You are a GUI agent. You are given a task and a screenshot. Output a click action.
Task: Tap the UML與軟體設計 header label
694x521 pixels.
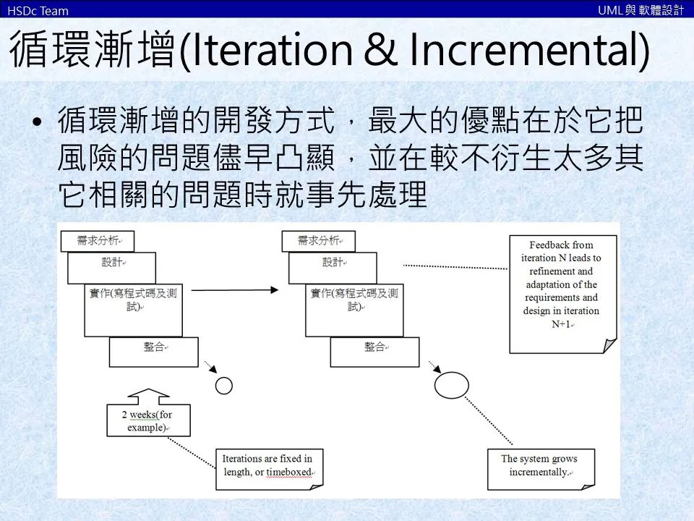click(x=641, y=10)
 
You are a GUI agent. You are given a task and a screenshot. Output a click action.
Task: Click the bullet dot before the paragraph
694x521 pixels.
click(x=38, y=122)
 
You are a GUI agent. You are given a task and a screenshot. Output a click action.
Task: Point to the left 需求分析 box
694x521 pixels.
click(x=98, y=240)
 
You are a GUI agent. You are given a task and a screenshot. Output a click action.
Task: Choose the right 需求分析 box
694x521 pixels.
click(x=319, y=240)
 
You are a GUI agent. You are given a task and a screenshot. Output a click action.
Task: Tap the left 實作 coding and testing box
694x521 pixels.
click(x=133, y=310)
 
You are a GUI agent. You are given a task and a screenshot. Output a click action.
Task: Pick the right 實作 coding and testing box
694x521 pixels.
click(x=354, y=310)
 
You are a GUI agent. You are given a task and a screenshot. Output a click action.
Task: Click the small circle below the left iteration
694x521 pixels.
click(x=224, y=386)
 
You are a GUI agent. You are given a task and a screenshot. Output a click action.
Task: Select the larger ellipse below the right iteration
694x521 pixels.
click(x=452, y=384)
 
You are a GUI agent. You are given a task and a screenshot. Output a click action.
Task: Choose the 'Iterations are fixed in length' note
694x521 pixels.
click(x=267, y=467)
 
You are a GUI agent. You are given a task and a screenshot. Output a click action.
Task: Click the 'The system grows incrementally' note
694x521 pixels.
click(x=539, y=467)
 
